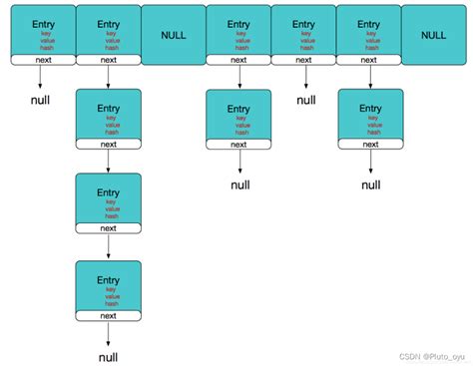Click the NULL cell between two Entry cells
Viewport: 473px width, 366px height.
point(173,34)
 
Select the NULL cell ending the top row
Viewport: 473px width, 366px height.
point(434,34)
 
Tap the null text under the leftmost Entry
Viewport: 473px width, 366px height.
point(41,101)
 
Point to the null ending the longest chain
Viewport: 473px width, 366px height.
point(108,356)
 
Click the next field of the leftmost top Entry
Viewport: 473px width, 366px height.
point(42,60)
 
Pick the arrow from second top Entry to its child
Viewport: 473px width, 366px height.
point(108,76)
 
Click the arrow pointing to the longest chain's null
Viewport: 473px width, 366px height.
point(108,334)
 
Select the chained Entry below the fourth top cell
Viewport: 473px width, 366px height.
point(238,114)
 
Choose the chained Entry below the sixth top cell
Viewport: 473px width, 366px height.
point(369,114)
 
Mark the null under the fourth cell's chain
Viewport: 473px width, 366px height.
point(239,184)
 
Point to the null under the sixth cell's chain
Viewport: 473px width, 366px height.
point(370,184)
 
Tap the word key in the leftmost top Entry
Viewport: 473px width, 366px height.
point(42,34)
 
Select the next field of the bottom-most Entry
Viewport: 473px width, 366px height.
point(108,316)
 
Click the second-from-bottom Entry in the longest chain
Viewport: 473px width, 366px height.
point(108,199)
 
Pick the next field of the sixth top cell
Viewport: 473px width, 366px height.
point(369,60)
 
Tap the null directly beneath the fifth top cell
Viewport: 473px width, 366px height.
point(305,101)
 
